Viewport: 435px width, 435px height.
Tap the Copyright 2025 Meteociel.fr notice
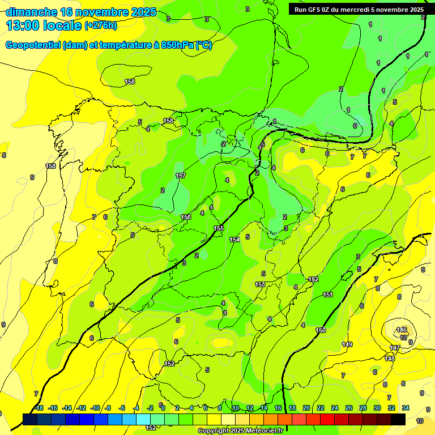point(240,431)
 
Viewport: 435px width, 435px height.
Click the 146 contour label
point(402,330)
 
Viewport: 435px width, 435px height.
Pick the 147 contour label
point(395,347)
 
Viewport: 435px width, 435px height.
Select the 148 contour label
point(390,359)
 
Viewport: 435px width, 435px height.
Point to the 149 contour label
point(347,344)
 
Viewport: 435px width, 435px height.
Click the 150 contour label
point(321,330)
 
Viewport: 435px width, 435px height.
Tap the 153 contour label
point(260,284)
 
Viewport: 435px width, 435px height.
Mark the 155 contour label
point(219,228)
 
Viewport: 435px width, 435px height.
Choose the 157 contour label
point(181,176)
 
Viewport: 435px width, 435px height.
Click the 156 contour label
point(186,217)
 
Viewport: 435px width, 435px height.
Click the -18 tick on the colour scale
point(39,408)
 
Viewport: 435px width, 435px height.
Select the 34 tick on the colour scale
point(406,408)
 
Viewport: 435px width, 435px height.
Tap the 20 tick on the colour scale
point(306,408)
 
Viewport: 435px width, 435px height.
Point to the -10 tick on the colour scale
point(96,408)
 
